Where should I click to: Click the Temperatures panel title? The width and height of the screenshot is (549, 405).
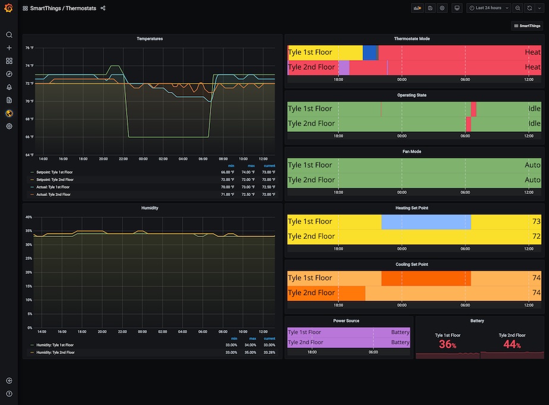coord(149,39)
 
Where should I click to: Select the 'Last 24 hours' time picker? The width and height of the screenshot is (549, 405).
coord(488,8)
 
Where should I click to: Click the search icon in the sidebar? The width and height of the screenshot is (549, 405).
coord(9,35)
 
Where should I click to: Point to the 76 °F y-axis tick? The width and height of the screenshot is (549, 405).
coord(29,48)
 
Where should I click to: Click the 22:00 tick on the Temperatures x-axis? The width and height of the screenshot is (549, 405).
coord(123,159)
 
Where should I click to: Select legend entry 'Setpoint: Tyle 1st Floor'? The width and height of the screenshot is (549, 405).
coord(55,172)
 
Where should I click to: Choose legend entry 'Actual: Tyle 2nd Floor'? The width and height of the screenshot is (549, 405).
coord(53,194)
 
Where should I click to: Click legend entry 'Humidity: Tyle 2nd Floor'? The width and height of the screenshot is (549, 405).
coord(55,352)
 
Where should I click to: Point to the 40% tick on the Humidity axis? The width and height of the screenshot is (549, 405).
coord(29,217)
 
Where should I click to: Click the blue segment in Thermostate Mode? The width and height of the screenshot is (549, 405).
coord(370,52)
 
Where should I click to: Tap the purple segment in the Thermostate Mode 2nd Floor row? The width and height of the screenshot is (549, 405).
coord(343,67)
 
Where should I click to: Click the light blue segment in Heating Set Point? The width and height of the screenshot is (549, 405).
coord(426,222)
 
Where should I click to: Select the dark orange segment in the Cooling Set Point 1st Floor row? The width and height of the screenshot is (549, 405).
coord(426,278)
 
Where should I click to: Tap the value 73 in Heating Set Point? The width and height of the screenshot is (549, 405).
coord(537,222)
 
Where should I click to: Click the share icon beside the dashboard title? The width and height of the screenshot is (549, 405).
coord(103,8)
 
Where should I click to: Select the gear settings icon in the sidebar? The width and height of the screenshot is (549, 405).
coord(9,126)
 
